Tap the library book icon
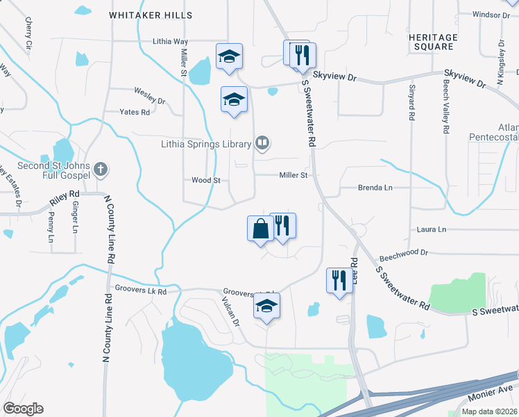[262, 144]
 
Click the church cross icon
[101, 168]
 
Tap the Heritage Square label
[432, 42]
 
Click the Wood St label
[205, 180]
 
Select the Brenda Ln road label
[375, 188]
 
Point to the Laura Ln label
[432, 229]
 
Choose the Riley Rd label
[64, 200]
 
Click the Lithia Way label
[170, 42]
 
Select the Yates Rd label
[135, 112]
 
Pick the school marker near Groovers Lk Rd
[266, 306]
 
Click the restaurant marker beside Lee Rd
[339, 281]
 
